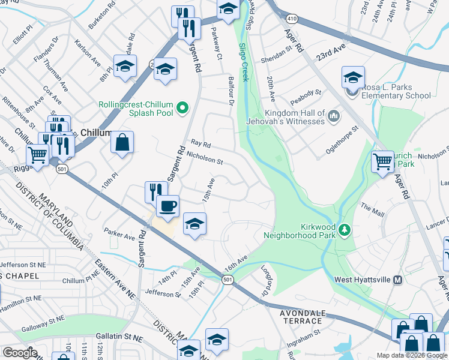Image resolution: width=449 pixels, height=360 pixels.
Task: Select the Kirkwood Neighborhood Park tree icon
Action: point(345,230)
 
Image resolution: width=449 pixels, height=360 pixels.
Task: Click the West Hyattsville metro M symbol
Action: point(397,280)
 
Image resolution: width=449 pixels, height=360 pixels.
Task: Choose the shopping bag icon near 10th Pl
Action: point(122,143)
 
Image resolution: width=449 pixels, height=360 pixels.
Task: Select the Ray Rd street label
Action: point(201,144)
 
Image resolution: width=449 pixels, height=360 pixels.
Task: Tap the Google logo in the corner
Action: point(20,353)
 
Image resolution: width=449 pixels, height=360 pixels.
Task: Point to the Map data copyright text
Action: point(411,355)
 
